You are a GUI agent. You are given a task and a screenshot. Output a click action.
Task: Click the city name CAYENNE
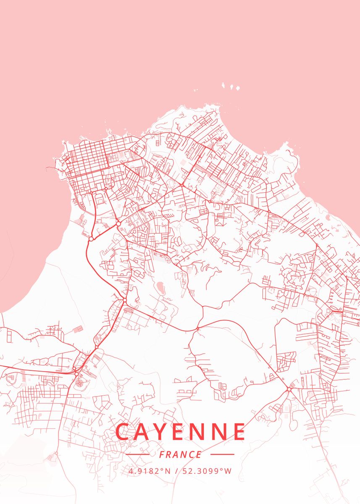pyautogui.click(x=180, y=432)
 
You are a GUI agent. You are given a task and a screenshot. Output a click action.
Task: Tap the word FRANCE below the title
pyautogui.click(x=180, y=454)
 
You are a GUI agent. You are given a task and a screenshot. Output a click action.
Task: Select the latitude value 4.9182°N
pyautogui.click(x=150, y=471)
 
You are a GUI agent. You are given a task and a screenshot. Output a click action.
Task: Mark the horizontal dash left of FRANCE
pyautogui.click(x=137, y=454)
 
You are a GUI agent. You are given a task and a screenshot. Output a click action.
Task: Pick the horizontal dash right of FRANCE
pyautogui.click(x=222, y=454)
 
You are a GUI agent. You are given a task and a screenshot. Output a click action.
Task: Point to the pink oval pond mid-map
pyautogui.click(x=161, y=288)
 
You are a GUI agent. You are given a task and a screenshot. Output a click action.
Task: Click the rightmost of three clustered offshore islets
pyautogui.click(x=237, y=89)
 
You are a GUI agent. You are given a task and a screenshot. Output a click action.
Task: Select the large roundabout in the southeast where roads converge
pyautogui.click(x=289, y=390)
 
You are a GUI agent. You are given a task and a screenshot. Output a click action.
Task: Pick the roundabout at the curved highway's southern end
pyautogui.click(x=125, y=299)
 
